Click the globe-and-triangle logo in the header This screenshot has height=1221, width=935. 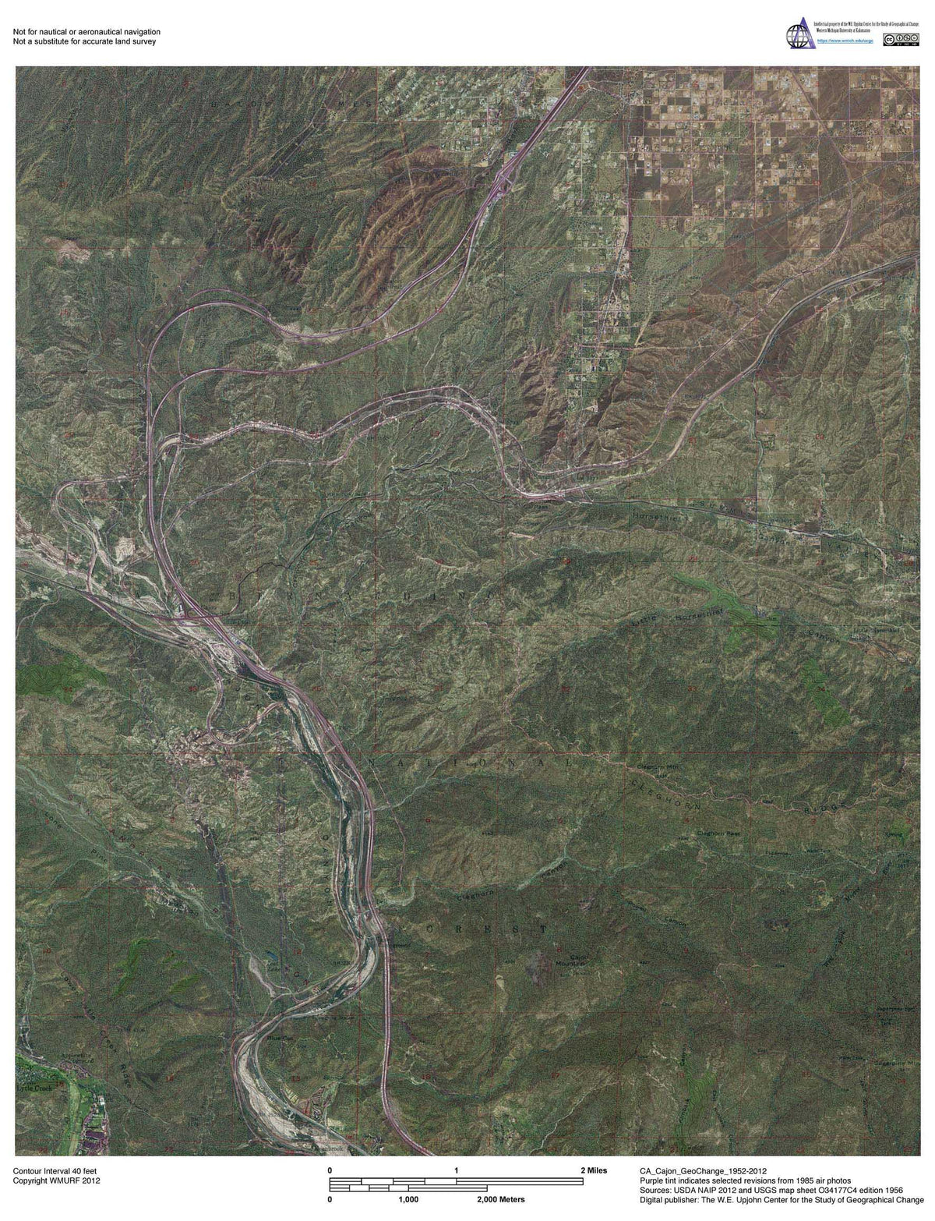[x=799, y=35]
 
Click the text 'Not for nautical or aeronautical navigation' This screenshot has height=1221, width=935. [x=86, y=31]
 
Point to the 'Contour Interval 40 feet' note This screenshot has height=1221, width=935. [x=55, y=1170]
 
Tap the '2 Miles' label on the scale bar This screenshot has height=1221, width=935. [x=594, y=1170]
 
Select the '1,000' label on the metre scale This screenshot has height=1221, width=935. [x=409, y=1198]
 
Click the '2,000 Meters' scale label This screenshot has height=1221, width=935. [x=500, y=1198]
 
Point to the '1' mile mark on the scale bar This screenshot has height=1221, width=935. [x=456, y=1170]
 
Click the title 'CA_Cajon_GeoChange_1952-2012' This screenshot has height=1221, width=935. [x=702, y=1170]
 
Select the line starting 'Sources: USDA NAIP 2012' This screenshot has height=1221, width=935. [x=771, y=1190]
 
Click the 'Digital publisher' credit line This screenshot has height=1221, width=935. [x=784, y=1200]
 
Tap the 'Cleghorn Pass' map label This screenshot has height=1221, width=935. [x=718, y=833]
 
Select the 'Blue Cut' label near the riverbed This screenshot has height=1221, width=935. [x=277, y=1038]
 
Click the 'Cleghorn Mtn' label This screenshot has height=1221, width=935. [x=654, y=768]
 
